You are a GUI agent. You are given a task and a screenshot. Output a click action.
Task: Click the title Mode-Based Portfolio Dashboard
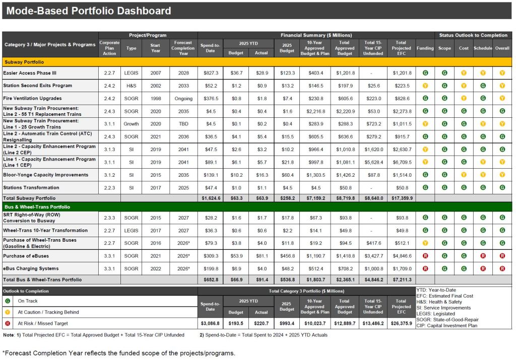click(89, 11)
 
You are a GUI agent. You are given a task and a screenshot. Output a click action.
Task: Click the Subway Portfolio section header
click(24, 62)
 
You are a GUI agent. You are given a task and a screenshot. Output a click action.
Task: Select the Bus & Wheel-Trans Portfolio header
click(37, 207)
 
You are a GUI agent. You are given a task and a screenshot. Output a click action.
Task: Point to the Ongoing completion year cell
click(183, 98)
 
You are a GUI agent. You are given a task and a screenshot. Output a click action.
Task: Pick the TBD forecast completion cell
click(183, 124)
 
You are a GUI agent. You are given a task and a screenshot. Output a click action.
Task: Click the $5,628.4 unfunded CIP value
click(373, 162)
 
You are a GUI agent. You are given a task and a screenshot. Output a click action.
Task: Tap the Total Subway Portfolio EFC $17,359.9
click(401, 198)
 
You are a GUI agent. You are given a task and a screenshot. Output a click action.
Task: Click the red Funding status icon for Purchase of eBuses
click(425, 256)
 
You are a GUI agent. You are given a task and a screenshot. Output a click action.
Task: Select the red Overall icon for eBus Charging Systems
click(502, 269)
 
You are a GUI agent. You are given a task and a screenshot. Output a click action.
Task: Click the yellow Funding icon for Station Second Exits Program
click(425, 86)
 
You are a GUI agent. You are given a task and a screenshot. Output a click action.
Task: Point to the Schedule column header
click(483, 48)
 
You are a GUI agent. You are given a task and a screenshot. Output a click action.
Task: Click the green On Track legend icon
click(8, 301)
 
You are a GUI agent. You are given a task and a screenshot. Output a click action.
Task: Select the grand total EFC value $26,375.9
click(401, 323)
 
